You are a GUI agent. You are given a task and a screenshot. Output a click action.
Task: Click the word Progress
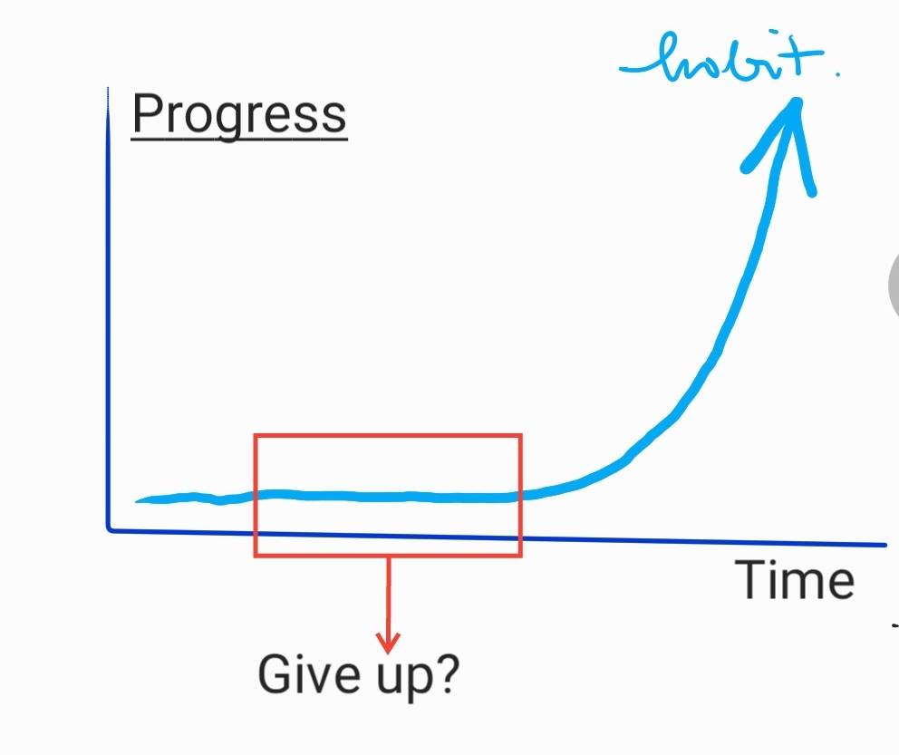[239, 114]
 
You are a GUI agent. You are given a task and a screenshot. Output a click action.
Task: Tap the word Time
[795, 579]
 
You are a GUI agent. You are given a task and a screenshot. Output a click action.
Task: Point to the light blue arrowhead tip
[797, 101]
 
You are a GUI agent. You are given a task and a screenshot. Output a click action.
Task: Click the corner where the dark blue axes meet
[109, 529]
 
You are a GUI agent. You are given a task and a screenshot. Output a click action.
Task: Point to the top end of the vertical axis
[108, 88]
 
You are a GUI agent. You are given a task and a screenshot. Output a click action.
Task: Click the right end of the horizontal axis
[885, 545]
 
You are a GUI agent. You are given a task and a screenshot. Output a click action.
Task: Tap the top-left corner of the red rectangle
[256, 435]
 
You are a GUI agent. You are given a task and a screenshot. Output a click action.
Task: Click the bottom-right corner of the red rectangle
[520, 556]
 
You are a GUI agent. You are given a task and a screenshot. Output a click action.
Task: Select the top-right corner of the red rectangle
[520, 435]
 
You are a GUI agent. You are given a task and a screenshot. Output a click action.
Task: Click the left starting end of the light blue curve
[137, 501]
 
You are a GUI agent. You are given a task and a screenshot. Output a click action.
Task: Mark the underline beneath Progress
[239, 138]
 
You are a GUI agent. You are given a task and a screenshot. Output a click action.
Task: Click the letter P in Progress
[147, 113]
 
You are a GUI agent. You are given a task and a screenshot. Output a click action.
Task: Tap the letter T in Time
[749, 579]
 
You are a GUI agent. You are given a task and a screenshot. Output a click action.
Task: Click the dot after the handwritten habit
[837, 74]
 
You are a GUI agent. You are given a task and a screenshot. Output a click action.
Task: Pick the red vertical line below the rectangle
[388, 596]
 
